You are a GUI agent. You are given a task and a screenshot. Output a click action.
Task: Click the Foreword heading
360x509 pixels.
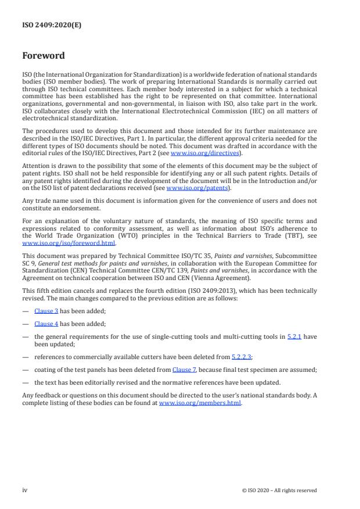coord(44,56)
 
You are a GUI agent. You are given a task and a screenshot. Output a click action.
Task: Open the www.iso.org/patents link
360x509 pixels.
coord(190,188)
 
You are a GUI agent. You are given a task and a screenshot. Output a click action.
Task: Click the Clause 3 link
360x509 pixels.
coord(46,310)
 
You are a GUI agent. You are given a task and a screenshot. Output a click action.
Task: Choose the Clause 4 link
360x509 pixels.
coord(46,324)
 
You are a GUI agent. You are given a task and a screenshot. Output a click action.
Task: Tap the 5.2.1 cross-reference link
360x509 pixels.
coord(294,336)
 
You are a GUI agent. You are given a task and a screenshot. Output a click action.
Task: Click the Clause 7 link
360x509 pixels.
coord(185,369)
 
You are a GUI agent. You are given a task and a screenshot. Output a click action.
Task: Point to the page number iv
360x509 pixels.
coord(25,490)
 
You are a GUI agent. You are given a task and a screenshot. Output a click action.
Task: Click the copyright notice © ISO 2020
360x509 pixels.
coord(279,490)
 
